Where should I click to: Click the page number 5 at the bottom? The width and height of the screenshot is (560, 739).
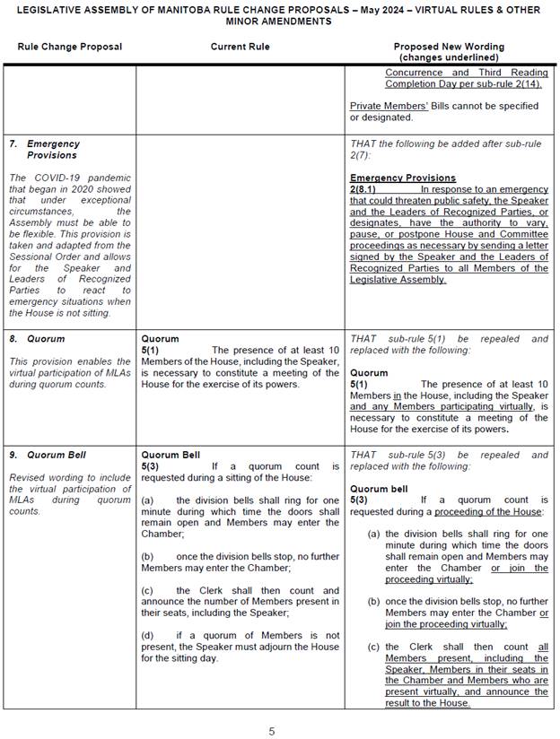[272, 731]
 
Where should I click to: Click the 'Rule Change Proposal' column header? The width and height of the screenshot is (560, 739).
[68, 47]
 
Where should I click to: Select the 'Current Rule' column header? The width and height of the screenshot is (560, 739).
[240, 47]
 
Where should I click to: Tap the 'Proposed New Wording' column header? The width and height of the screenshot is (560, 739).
[449, 47]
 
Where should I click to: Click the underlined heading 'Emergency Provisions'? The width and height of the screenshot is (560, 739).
[403, 178]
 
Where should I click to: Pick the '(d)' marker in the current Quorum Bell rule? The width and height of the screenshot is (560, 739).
[149, 634]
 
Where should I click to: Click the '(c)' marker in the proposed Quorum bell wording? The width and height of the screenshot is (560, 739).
[373, 647]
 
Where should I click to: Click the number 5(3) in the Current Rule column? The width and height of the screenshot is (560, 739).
[151, 466]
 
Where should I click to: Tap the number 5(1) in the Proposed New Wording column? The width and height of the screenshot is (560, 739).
[359, 383]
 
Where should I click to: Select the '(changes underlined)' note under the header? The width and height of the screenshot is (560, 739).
[449, 57]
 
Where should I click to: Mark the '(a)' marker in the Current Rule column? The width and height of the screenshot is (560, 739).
[148, 500]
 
